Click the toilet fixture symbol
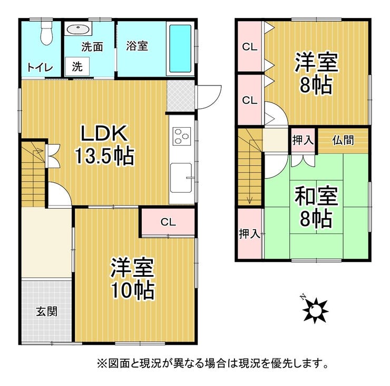(x=46, y=32)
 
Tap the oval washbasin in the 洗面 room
(x=78, y=30)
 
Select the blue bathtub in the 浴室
(x=180, y=49)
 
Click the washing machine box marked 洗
(x=77, y=67)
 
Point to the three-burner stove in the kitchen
(x=182, y=136)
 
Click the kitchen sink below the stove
(x=181, y=177)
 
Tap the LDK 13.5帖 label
(x=104, y=145)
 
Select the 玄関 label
(x=47, y=312)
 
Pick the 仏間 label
(x=343, y=140)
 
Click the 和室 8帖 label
(x=316, y=207)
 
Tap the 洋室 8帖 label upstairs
(x=316, y=73)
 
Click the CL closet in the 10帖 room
(x=168, y=222)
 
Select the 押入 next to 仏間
(x=303, y=140)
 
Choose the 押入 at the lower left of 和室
(x=249, y=233)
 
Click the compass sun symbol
(x=315, y=310)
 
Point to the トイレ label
(x=40, y=68)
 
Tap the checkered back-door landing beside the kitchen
(x=181, y=96)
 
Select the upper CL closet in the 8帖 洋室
(x=250, y=46)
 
